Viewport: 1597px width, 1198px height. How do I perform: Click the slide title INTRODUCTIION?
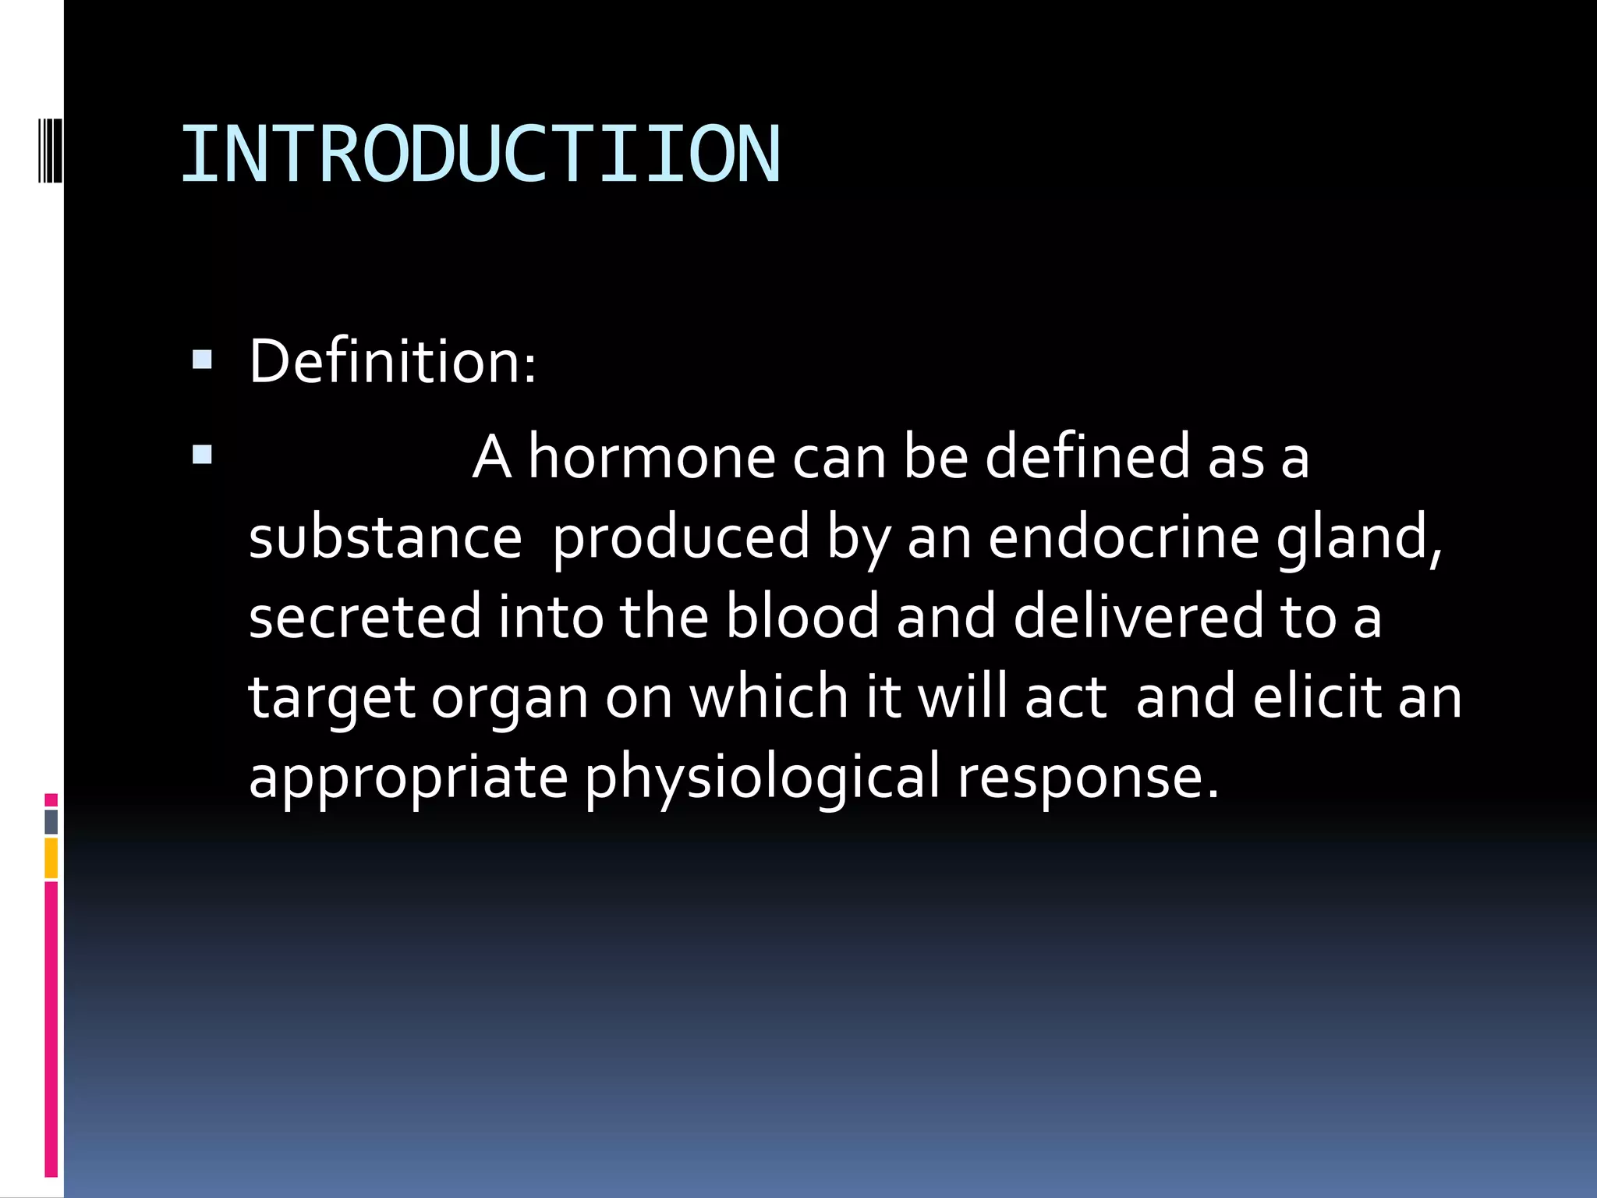[x=480, y=154]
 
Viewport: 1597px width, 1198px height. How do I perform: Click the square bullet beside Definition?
[x=202, y=360]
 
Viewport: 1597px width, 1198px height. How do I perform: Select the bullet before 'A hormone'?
[x=202, y=455]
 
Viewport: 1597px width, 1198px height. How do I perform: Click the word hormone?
[x=652, y=458]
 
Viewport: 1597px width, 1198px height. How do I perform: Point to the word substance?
[x=385, y=538]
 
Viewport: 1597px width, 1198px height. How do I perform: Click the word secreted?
[x=365, y=617]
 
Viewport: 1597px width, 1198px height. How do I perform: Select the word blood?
[x=802, y=617]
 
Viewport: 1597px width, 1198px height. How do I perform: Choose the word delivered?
[x=1138, y=617]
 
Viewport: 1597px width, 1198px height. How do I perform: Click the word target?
[x=331, y=699]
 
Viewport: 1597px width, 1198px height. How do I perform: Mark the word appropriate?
[x=409, y=778]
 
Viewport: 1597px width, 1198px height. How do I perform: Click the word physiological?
[x=763, y=778]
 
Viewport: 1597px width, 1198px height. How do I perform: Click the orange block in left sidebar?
[x=51, y=858]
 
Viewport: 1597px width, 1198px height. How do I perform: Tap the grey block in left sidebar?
[x=51, y=821]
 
